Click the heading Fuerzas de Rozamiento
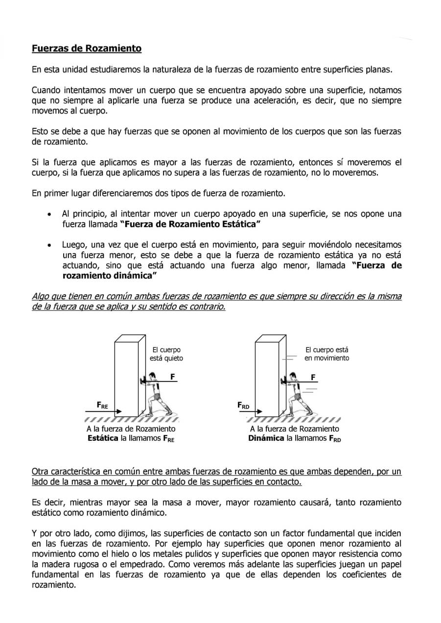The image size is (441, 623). coord(87,48)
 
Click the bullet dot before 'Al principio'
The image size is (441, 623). coord(49,215)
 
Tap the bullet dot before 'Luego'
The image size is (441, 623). coord(49,246)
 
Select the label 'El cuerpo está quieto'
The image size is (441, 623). coord(166,354)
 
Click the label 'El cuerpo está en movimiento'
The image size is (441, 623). coord(327,354)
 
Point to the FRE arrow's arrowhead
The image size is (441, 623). coord(119,411)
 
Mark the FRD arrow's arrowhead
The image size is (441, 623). coord(260,411)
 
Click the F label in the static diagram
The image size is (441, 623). coord(173,377)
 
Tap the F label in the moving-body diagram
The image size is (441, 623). coord(313,377)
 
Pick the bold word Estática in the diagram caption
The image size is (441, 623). coord(103,438)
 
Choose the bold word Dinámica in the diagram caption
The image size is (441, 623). coord(266,438)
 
